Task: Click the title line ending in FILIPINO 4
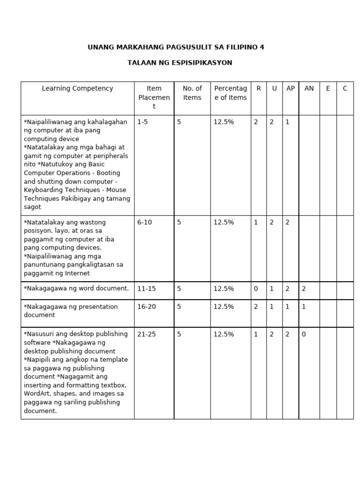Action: [176, 47]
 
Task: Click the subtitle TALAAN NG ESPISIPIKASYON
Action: [180, 62]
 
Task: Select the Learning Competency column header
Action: [77, 88]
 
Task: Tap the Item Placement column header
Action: [154, 97]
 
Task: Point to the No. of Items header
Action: [192, 93]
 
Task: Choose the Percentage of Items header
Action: [230, 93]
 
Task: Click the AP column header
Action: [291, 88]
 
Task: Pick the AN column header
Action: [309, 88]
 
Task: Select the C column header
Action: [345, 88]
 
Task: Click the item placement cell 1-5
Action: [142, 122]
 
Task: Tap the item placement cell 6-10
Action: [144, 222]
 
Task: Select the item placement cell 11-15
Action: [146, 289]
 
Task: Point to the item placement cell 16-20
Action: [146, 307]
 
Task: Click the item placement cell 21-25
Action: [146, 334]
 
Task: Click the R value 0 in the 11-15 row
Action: [256, 289]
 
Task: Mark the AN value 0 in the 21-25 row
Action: [304, 334]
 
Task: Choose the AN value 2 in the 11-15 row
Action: [304, 289]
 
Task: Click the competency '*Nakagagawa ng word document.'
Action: [76, 288]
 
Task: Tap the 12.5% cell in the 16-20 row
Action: [224, 307]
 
